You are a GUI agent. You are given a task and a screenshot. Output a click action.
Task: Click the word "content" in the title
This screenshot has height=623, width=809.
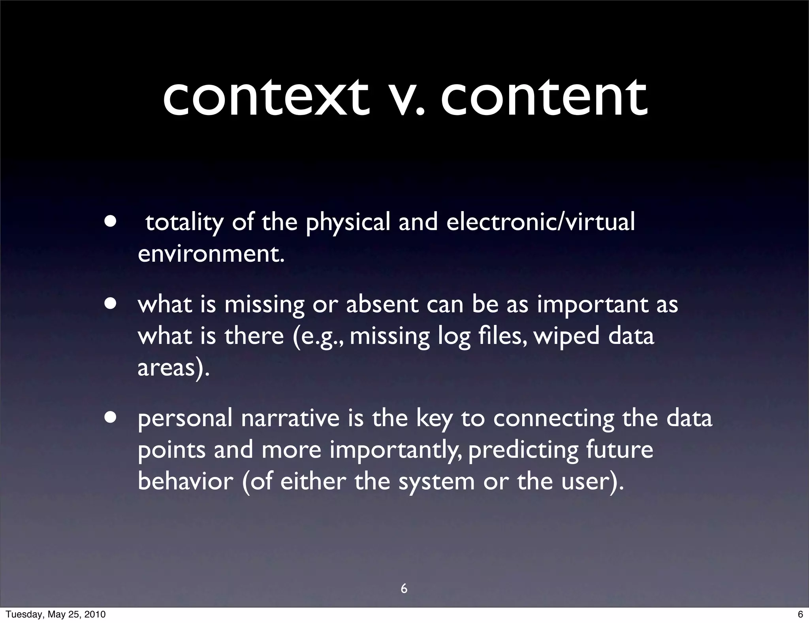[544, 97]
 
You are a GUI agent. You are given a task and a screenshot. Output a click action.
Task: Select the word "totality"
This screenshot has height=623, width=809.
[184, 223]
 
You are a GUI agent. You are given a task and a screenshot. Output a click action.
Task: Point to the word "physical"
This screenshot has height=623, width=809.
[348, 223]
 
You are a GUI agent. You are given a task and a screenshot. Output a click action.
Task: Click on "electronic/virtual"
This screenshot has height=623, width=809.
[540, 222]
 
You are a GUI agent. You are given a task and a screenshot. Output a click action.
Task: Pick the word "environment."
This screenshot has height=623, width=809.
[211, 254]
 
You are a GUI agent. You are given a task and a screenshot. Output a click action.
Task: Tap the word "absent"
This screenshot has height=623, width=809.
[382, 305]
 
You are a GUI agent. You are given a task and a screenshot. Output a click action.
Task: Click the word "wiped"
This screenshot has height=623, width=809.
[566, 337]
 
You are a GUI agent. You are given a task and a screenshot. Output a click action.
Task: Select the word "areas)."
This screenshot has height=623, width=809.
[173, 368]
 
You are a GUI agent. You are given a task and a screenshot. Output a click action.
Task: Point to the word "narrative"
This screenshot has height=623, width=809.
[290, 418]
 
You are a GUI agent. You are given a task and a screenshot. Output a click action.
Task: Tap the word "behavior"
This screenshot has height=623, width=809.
[186, 481]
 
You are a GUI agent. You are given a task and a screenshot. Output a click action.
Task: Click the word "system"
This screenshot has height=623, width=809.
[436, 482]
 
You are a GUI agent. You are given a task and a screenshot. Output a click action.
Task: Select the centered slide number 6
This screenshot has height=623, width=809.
[404, 589]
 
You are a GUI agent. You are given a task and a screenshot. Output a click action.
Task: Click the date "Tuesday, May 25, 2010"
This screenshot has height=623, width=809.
[56, 614]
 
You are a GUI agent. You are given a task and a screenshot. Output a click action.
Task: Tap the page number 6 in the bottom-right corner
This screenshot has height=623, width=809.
[800, 614]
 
